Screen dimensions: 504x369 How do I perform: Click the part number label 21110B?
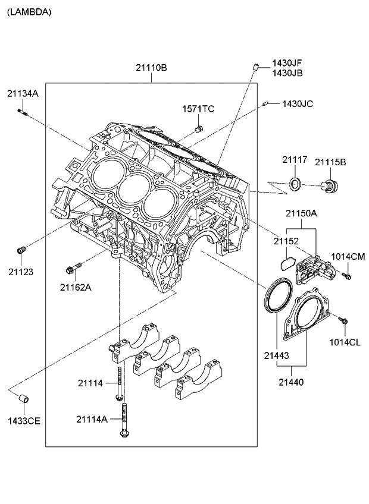click(x=151, y=68)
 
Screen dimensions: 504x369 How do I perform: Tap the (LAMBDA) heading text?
click(x=29, y=11)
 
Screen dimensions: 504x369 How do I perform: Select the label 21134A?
click(x=23, y=93)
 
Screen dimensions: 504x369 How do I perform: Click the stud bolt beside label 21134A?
click(x=23, y=111)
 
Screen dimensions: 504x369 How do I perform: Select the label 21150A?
click(x=301, y=213)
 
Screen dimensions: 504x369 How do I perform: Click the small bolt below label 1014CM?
click(x=347, y=276)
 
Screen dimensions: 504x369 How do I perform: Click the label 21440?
click(x=292, y=382)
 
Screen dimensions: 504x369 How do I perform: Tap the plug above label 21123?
click(x=21, y=250)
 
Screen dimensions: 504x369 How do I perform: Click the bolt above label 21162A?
click(x=74, y=269)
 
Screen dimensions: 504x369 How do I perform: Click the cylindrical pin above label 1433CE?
click(x=24, y=397)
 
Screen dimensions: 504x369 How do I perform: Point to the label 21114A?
click(x=92, y=419)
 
